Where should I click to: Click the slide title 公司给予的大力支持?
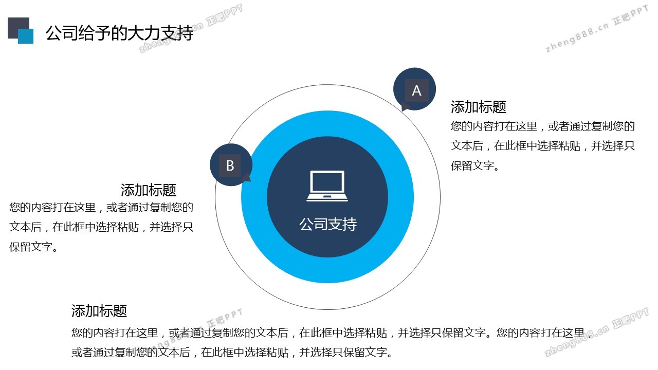[x=119, y=32]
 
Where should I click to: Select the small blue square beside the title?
[x=26, y=36]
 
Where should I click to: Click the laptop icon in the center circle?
[x=327, y=186]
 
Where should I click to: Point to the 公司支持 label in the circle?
[x=328, y=225]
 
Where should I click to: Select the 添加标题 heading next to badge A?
[x=479, y=106]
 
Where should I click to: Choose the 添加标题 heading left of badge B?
[x=149, y=190]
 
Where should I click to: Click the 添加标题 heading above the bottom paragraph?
[x=99, y=311]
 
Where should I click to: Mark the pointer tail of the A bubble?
[x=404, y=108]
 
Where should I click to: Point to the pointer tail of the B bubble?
[x=247, y=178]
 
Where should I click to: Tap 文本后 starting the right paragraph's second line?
[x=467, y=145]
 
